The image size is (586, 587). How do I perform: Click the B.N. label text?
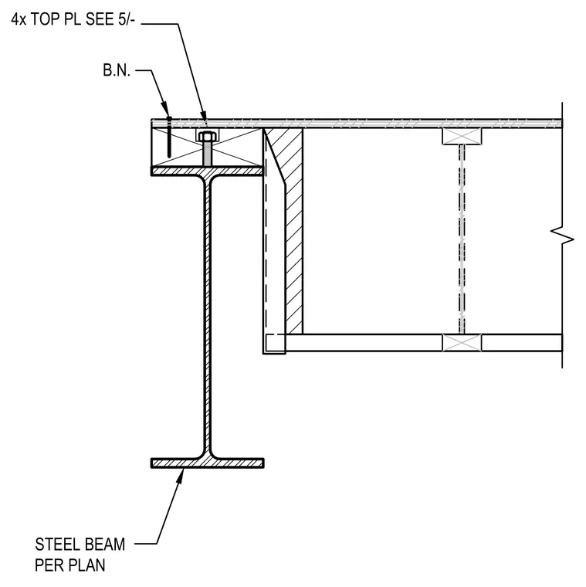click(117, 70)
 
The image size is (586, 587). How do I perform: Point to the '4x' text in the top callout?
click(19, 19)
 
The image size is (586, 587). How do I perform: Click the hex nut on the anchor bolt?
click(208, 136)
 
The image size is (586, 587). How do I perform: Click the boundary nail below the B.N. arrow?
click(169, 137)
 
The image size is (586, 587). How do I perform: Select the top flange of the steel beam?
click(207, 171)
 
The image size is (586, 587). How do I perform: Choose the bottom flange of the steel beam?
click(208, 463)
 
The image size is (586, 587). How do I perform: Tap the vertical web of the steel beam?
click(208, 317)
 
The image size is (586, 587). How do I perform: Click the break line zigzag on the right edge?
click(562, 236)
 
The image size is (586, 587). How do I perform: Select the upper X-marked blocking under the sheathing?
click(462, 136)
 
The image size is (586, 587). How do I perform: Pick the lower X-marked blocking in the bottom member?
click(462, 342)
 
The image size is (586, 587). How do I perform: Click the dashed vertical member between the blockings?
click(462, 239)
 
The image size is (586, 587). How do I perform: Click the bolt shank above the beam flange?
click(208, 154)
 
